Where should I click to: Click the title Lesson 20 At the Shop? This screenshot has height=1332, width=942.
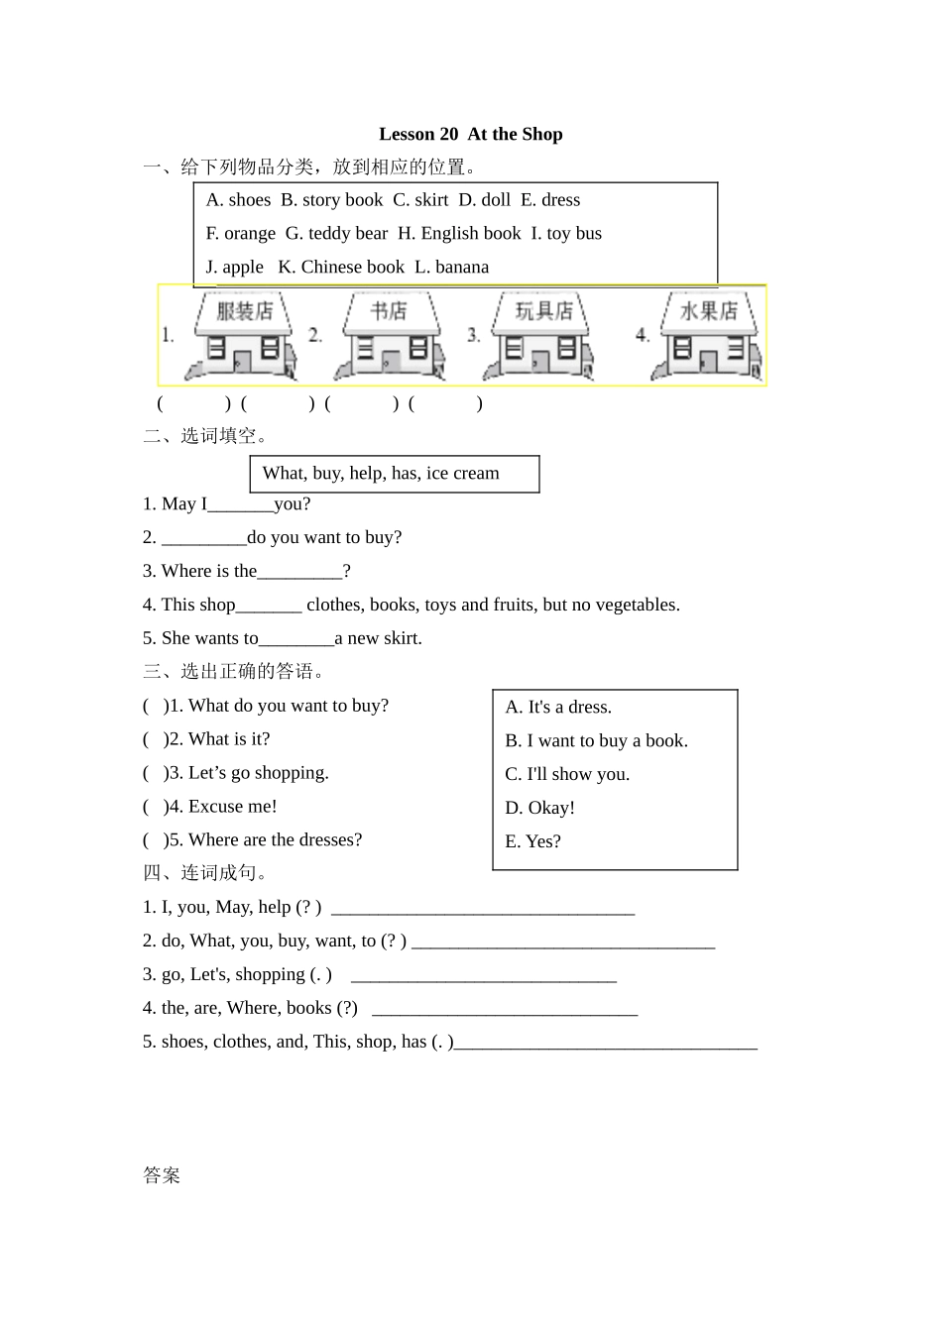(470, 134)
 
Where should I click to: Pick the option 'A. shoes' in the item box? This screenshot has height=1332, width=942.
(238, 200)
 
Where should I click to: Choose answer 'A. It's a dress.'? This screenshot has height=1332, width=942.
(558, 707)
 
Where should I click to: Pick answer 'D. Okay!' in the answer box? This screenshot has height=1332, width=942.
(539, 808)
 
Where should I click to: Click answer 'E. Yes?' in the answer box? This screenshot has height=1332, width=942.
(532, 841)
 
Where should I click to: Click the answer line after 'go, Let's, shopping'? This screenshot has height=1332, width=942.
(484, 977)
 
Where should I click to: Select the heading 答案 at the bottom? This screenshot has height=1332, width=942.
(162, 1175)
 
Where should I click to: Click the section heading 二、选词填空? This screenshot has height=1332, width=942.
(205, 436)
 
